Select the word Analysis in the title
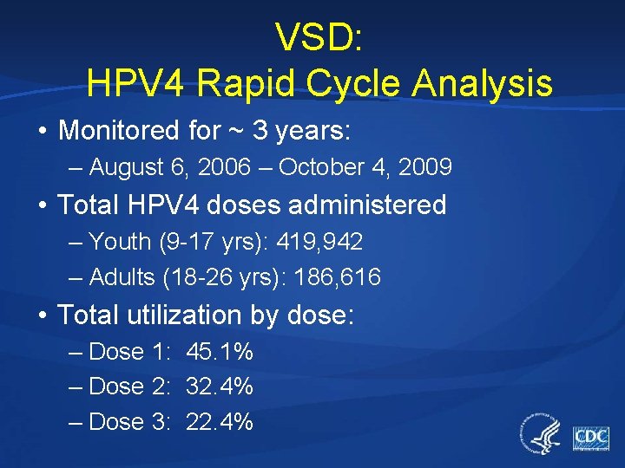(483, 83)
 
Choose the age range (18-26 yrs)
(223, 277)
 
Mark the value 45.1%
(220, 352)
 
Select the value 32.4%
(220, 386)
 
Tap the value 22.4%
(220, 422)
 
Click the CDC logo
(590, 437)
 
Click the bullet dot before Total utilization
(42, 315)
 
